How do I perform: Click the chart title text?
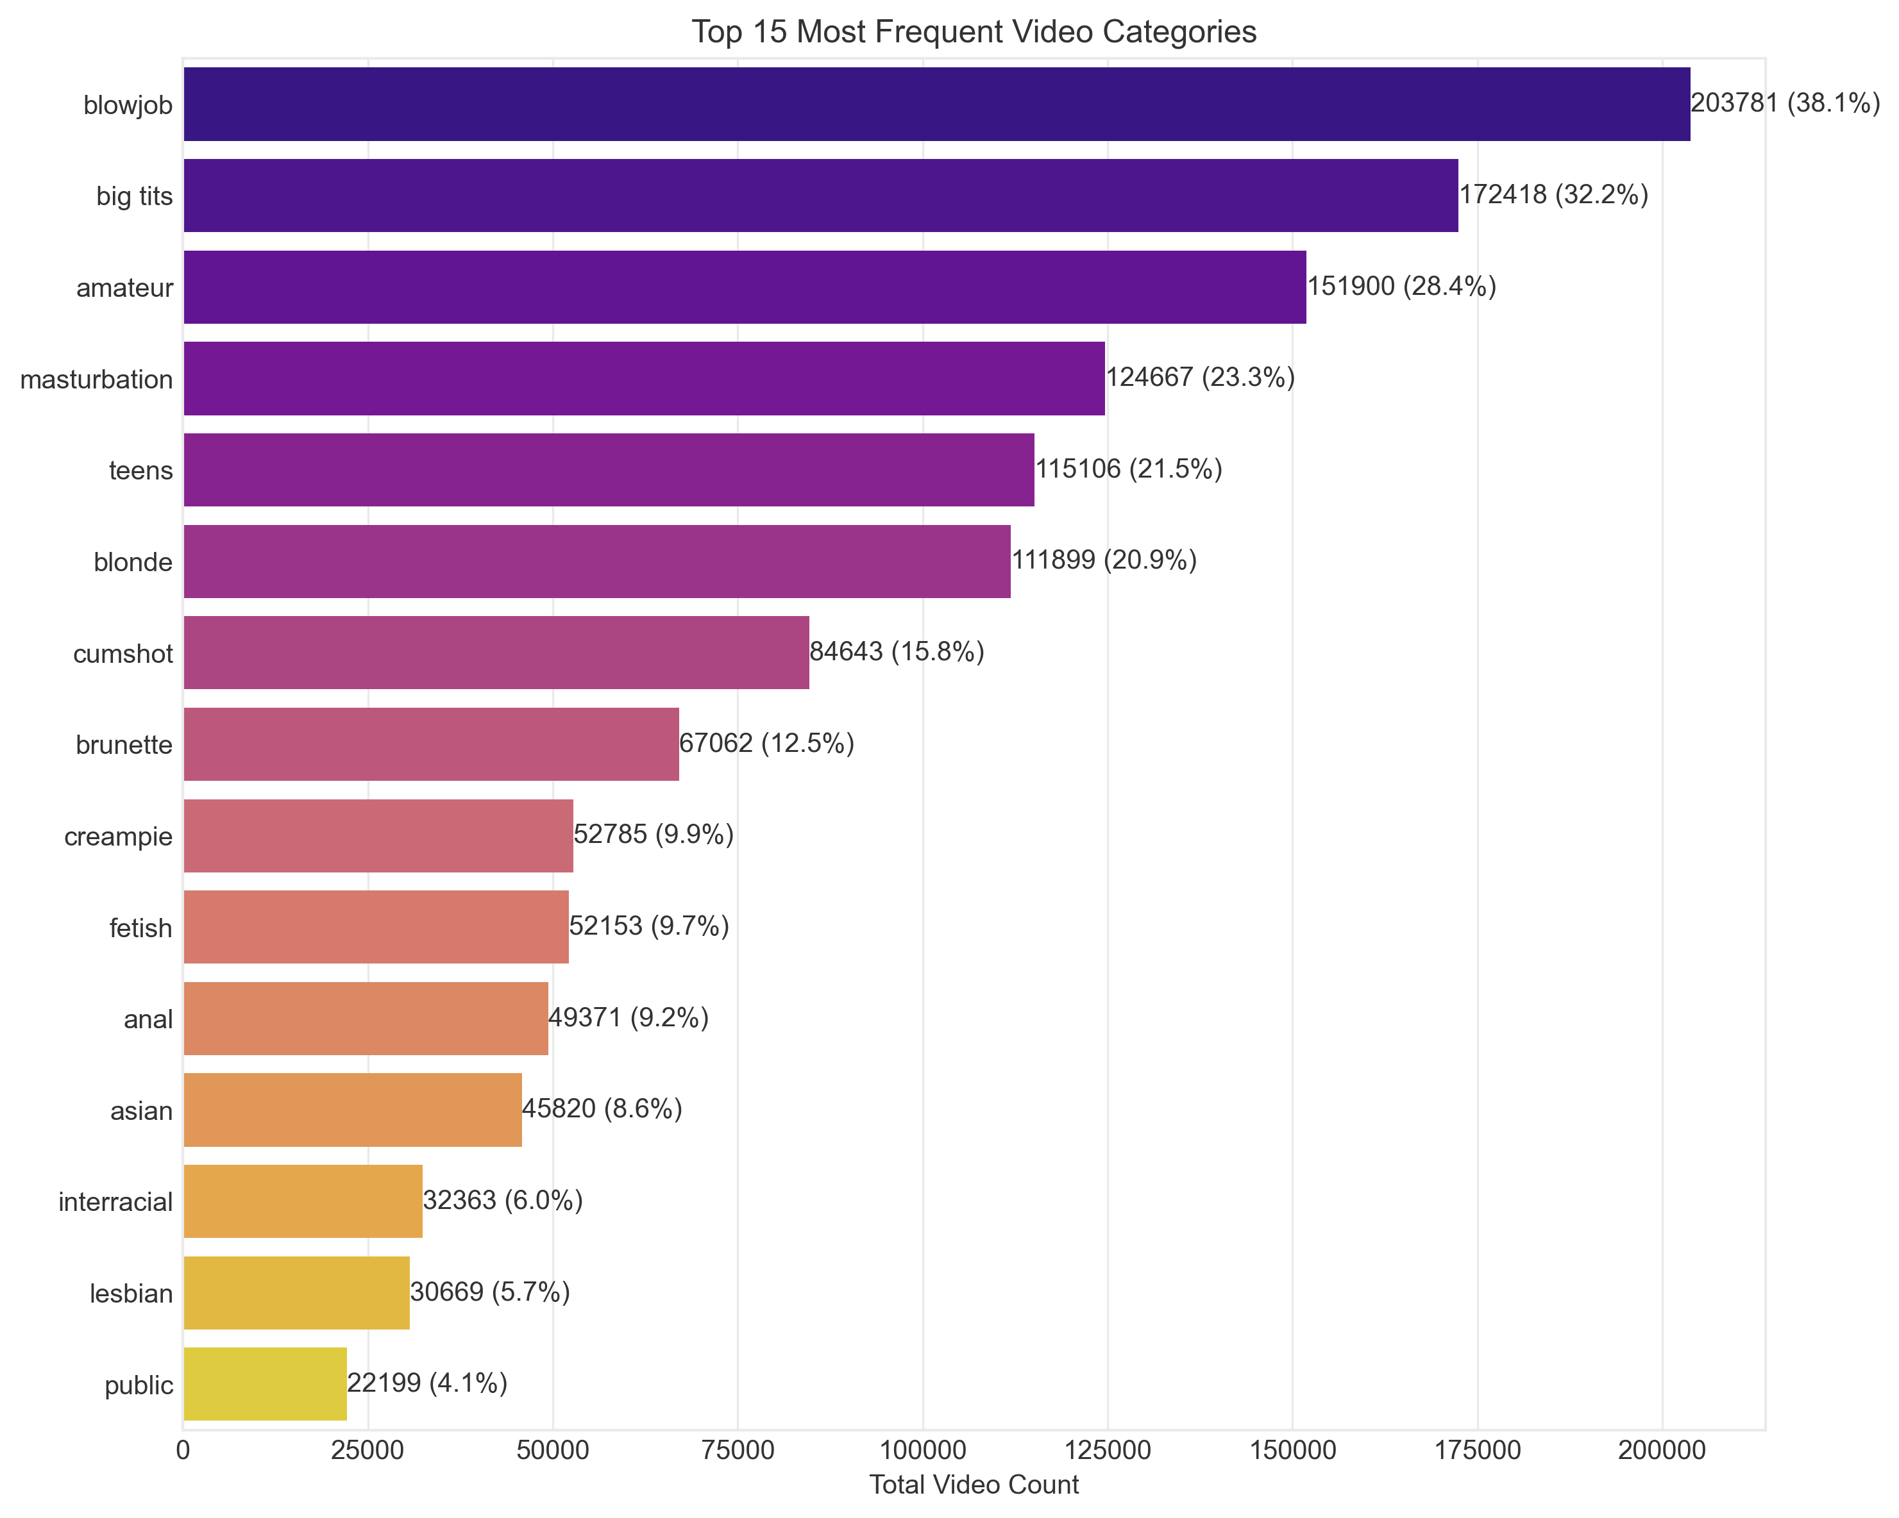point(974,31)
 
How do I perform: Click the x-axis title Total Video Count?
point(974,1485)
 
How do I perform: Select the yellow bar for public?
point(264,1384)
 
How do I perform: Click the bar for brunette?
point(431,744)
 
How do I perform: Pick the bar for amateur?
point(745,287)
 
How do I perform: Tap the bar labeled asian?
point(352,1110)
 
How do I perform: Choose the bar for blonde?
point(596,561)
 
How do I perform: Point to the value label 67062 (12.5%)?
point(766,744)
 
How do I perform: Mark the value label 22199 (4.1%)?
point(427,1383)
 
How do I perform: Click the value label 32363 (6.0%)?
point(503,1201)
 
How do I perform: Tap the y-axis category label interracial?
point(115,1202)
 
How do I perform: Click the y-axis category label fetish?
point(141,928)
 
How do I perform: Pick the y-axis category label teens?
point(141,470)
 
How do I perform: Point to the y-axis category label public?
point(139,1385)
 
